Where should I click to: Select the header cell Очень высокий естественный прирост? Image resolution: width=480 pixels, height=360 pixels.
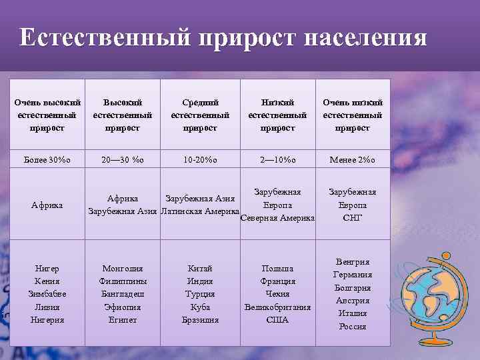tap(47, 115)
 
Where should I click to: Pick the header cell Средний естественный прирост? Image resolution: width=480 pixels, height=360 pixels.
tap(200, 115)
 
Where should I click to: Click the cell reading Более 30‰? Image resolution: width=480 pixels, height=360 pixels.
tap(47, 159)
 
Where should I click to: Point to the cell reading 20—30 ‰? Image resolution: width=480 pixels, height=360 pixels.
tap(123, 159)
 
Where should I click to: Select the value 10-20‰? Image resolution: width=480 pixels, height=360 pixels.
tap(200, 159)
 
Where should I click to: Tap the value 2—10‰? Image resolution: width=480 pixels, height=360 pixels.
tap(277, 159)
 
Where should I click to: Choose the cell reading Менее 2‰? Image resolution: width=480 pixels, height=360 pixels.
tap(353, 159)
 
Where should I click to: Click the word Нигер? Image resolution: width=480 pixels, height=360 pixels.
tap(47, 268)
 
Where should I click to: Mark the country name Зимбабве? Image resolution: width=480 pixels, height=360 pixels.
tap(47, 294)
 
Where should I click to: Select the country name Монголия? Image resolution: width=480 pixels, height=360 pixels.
tap(123, 268)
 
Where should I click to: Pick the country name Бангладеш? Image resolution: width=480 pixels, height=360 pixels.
tap(123, 294)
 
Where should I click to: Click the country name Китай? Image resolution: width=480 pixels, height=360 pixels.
tap(200, 268)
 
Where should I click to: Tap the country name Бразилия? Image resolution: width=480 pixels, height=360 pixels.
tap(200, 320)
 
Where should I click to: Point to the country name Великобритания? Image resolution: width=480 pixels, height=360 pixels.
tap(277, 307)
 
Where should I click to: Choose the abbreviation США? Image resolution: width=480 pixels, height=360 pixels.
tap(277, 320)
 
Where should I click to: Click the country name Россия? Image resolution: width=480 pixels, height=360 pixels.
tap(353, 326)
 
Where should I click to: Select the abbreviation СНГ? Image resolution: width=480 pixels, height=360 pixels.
tap(353, 217)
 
